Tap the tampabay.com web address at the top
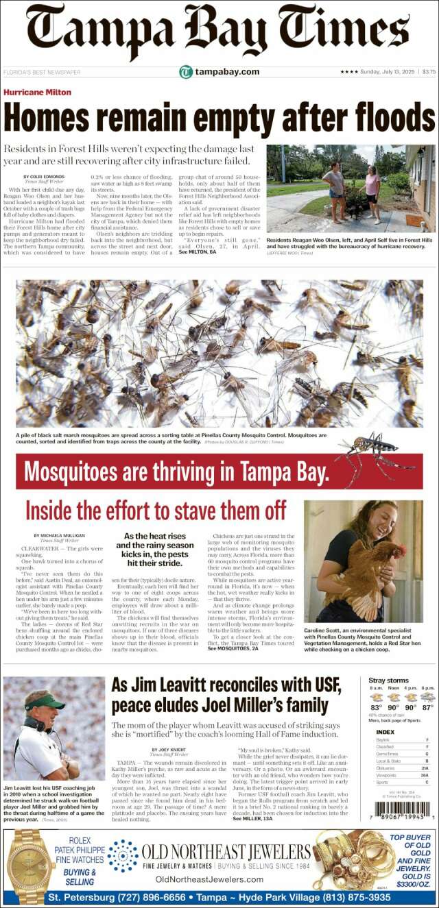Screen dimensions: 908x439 click(x=227, y=72)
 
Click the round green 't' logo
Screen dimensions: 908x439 click(x=185, y=72)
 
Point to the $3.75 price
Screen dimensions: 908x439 click(x=429, y=72)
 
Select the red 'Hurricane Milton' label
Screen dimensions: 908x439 click(x=37, y=92)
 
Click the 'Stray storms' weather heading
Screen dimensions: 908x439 click(x=388, y=680)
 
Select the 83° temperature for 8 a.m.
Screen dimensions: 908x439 click(x=376, y=707)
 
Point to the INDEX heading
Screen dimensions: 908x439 click(x=385, y=732)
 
